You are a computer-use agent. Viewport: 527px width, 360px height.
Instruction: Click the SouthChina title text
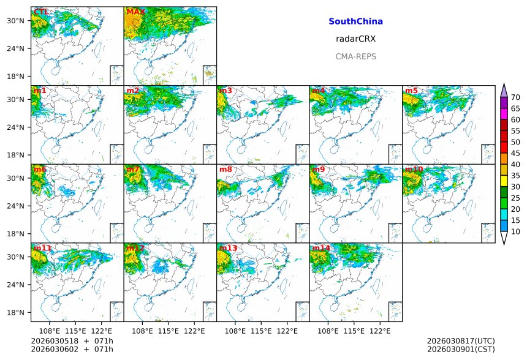coord(355,21)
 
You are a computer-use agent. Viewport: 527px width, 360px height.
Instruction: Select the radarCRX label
coord(355,39)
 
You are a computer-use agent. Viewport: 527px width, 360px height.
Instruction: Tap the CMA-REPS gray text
coord(355,56)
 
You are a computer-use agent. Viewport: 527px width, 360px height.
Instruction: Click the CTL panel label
coord(41,12)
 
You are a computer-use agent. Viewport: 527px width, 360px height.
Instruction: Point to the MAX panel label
coord(135,12)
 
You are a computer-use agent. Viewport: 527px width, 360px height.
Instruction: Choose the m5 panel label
coord(411,91)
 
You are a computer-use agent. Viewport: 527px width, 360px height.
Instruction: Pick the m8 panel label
coord(226,169)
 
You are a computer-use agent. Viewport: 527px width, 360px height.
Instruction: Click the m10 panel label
coord(414,169)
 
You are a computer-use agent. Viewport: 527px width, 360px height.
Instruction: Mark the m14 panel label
coord(320,248)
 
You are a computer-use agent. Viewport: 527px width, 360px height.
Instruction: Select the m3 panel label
coord(226,91)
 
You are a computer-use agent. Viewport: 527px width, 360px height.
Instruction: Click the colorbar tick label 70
coord(515,97)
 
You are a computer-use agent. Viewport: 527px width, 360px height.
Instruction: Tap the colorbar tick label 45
coord(515,153)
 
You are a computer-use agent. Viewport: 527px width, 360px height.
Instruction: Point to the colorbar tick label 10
coord(515,231)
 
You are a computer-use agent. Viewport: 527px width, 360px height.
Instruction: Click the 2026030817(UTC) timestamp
coord(460,341)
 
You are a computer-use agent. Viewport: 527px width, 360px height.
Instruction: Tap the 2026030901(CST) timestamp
coord(460,350)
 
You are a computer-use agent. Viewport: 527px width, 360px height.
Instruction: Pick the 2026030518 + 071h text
coord(64,341)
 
